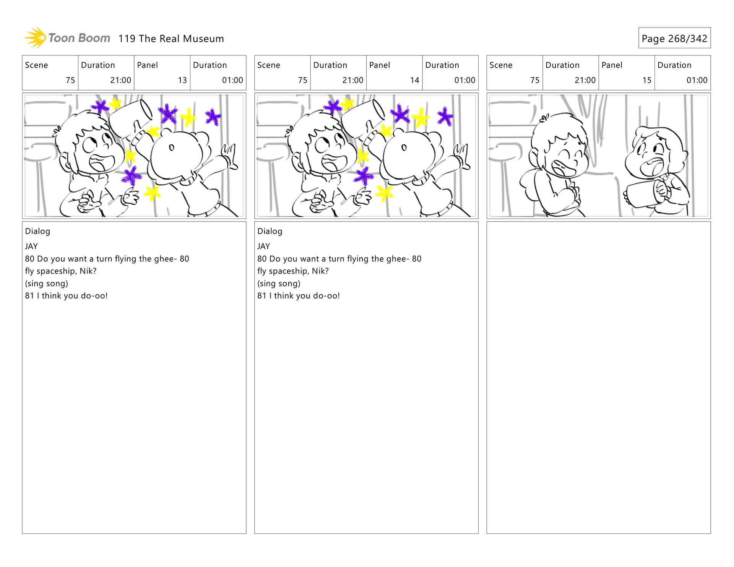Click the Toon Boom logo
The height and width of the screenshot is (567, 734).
pyautogui.click(x=67, y=38)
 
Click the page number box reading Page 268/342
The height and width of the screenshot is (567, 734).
pyautogui.click(x=674, y=38)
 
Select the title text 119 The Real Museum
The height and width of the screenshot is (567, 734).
pyautogui.click(x=171, y=39)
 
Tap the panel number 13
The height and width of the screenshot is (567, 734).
pyautogui.click(x=182, y=80)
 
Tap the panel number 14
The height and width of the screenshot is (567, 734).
pyautogui.click(x=415, y=80)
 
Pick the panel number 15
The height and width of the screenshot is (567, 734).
pyautogui.click(x=647, y=80)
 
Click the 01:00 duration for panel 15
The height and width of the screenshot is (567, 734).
pyautogui.click(x=697, y=80)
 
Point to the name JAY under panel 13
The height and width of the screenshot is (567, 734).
pyautogui.click(x=31, y=246)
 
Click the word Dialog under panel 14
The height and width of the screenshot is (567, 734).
pyautogui.click(x=270, y=231)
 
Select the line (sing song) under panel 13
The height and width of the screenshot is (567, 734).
pyautogui.click(x=47, y=283)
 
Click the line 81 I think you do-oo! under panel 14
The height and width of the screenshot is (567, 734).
pyautogui.click(x=299, y=296)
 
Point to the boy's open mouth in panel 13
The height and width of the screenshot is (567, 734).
pyautogui.click(x=101, y=163)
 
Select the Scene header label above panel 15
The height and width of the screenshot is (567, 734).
pyautogui.click(x=501, y=65)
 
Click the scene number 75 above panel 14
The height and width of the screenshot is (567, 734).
pyautogui.click(x=302, y=80)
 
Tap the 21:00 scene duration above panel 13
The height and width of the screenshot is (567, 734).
pyautogui.click(x=120, y=80)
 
